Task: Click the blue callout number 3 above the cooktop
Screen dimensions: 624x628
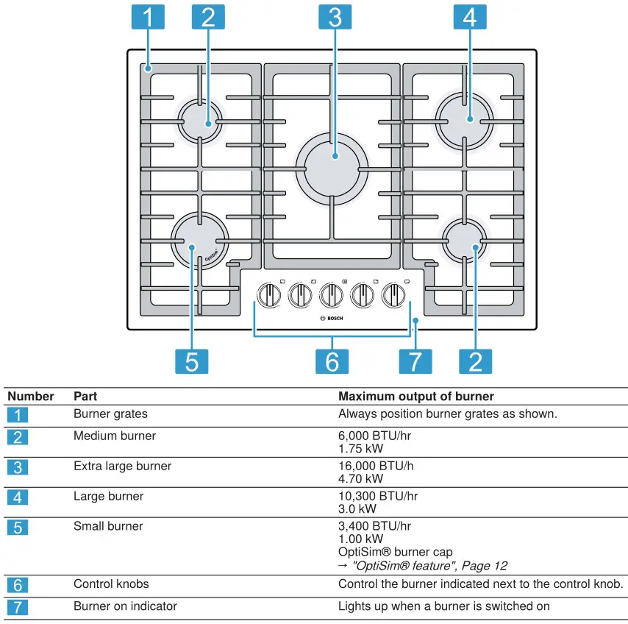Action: pyautogui.click(x=335, y=17)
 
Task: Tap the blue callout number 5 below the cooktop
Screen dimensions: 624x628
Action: pyautogui.click(x=191, y=361)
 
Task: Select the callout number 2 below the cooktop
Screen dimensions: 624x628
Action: pyautogui.click(x=475, y=361)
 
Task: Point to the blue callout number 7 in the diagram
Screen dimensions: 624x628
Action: pyautogui.click(x=415, y=361)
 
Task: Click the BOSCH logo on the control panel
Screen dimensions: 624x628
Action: pyautogui.click(x=332, y=318)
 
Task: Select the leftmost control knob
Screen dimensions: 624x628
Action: pyautogui.click(x=268, y=296)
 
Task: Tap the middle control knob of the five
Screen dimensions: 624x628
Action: pyautogui.click(x=332, y=296)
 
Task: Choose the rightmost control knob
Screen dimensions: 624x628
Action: pyautogui.click(x=394, y=296)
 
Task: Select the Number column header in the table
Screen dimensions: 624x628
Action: pyautogui.click(x=31, y=397)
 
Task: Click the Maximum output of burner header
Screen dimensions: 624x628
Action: pyautogui.click(x=415, y=397)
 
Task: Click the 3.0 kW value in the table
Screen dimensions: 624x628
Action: pyautogui.click(x=357, y=508)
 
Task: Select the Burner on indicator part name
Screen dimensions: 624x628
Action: pyautogui.click(x=125, y=606)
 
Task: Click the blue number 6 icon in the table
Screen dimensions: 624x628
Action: pyautogui.click(x=18, y=585)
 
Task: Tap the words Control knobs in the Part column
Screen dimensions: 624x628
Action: pyautogui.click(x=111, y=584)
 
